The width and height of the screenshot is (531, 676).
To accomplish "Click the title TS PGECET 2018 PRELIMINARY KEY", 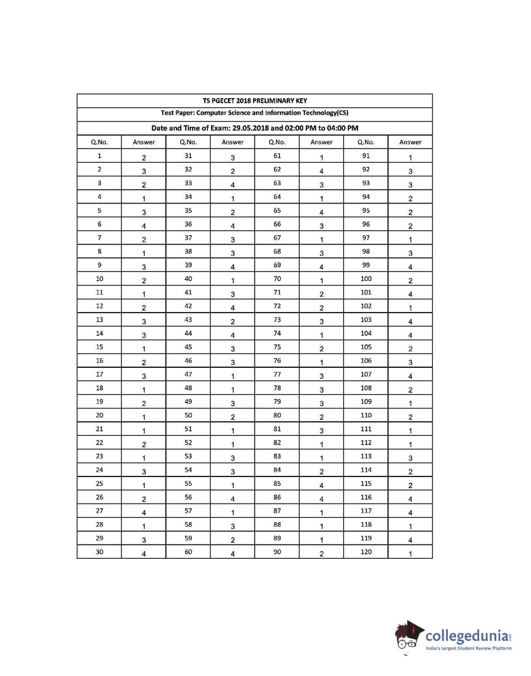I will click(255, 100).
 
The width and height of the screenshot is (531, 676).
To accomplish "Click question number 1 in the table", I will click(99, 156).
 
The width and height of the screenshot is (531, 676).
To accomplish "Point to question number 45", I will click(188, 347).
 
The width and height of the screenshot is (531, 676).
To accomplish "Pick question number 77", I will click(277, 375).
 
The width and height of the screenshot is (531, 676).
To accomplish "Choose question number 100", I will click(366, 279).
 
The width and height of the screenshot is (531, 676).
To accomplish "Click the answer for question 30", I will click(144, 554).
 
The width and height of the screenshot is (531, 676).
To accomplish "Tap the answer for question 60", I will click(232, 554).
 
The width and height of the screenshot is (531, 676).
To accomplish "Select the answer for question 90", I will click(321, 554).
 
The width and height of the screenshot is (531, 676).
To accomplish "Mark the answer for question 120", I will click(410, 554).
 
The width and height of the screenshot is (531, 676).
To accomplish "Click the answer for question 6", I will click(144, 226).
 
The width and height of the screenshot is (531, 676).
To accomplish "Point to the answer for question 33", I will click(232, 185).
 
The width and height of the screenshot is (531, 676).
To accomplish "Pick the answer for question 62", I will click(321, 171).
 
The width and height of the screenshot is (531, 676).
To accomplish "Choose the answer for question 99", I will click(410, 267).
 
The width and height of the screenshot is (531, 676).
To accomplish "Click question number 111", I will click(366, 429).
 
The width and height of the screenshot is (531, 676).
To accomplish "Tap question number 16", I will click(99, 361).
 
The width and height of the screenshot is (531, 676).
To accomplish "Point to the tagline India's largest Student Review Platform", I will click(469, 648).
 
